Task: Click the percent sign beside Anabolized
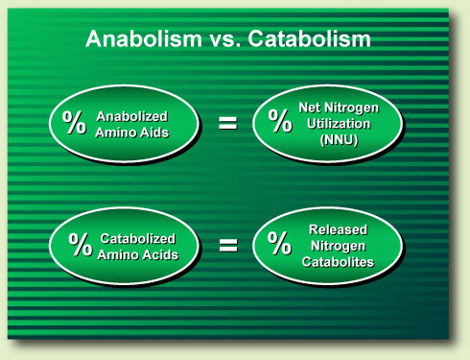pos(75,123)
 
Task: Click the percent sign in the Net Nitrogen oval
pos(280,122)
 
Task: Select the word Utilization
pos(339,123)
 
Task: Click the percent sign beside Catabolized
pos(75,243)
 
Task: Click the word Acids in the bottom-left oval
pos(158,252)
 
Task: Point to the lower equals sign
pos(228,244)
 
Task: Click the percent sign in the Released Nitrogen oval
pos(280,244)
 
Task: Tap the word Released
pos(339,229)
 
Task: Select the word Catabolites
pos(339,260)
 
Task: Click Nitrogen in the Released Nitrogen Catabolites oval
pos(339,245)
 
